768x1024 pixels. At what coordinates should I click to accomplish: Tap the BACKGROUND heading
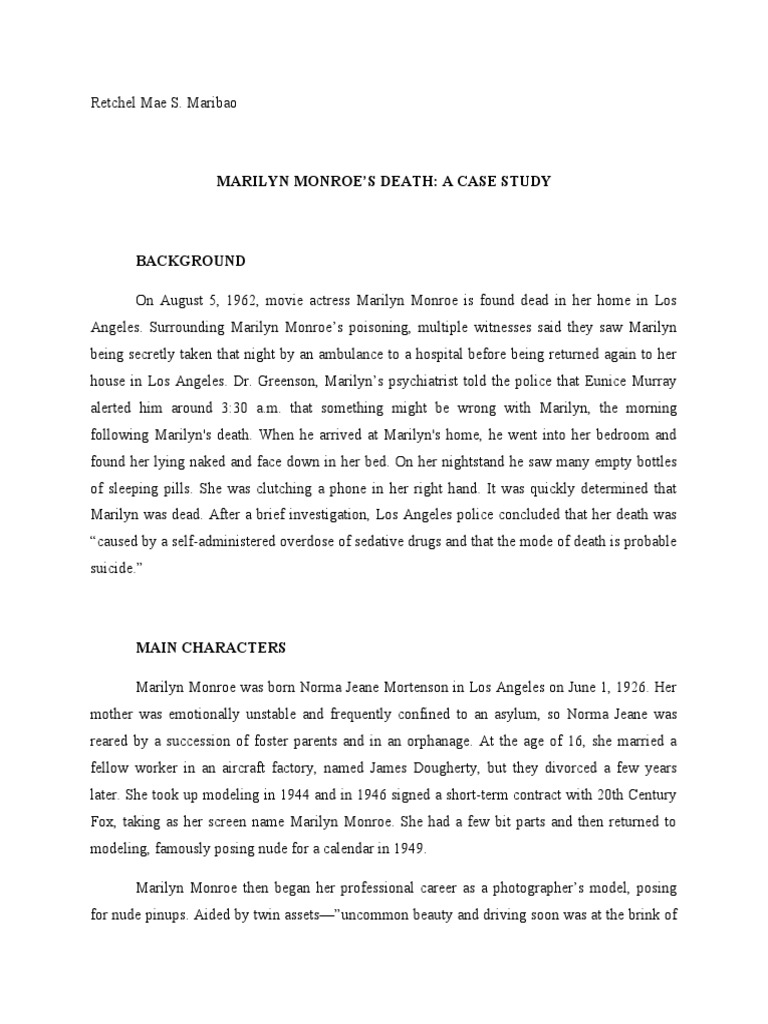(190, 261)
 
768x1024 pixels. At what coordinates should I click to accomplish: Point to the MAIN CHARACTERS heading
(210, 648)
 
